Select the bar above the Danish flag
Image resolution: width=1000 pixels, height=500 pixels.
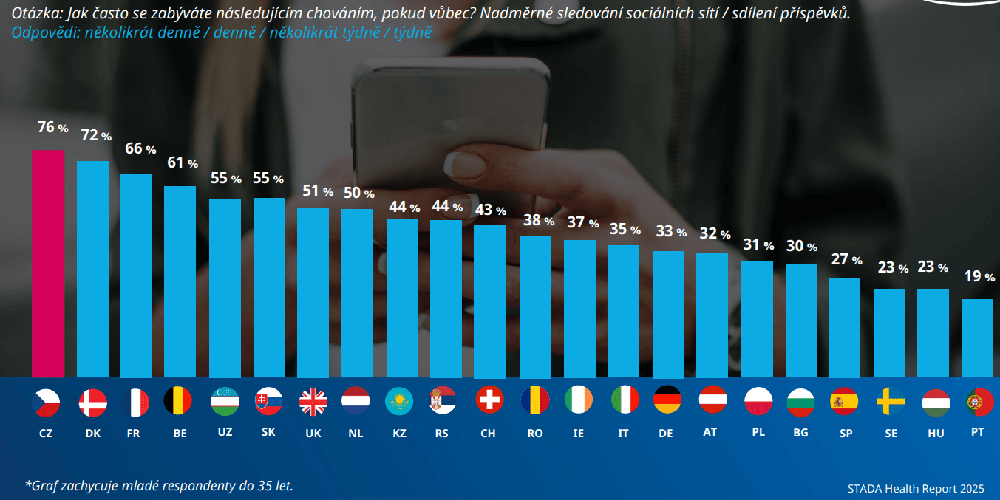point(92,269)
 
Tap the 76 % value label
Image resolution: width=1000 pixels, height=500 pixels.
point(52,128)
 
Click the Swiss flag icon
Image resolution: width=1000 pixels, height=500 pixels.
point(489,400)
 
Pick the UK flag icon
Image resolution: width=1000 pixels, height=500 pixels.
point(313,402)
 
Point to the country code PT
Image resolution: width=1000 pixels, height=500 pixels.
point(977,431)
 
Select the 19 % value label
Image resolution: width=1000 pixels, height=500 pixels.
point(979,277)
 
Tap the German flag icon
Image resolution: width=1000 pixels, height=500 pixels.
point(667,400)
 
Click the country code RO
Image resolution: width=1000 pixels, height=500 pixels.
point(535,434)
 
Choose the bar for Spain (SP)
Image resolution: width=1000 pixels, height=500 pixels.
point(844,328)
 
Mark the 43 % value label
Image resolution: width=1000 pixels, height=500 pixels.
point(490,210)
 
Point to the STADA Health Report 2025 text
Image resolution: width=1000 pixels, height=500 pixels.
point(916,488)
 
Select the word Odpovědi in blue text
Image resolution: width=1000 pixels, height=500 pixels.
point(40,32)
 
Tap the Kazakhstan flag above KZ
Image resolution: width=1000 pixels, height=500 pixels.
point(399,401)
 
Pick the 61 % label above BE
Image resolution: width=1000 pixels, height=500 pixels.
point(182,162)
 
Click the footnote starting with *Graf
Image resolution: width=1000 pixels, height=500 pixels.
point(159,485)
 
